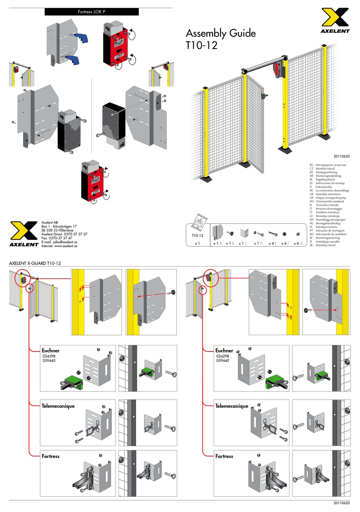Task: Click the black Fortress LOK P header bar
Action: click(x=91, y=12)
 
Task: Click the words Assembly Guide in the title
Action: click(x=221, y=33)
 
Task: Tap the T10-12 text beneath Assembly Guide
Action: click(x=201, y=45)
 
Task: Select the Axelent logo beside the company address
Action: click(x=23, y=234)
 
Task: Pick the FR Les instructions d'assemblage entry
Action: click(x=329, y=190)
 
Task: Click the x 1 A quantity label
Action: click(x=218, y=243)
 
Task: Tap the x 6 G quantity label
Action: click(x=298, y=243)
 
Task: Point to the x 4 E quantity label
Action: click(x=272, y=243)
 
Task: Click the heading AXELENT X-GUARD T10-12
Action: click(x=35, y=263)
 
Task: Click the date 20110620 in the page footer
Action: click(x=341, y=503)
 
